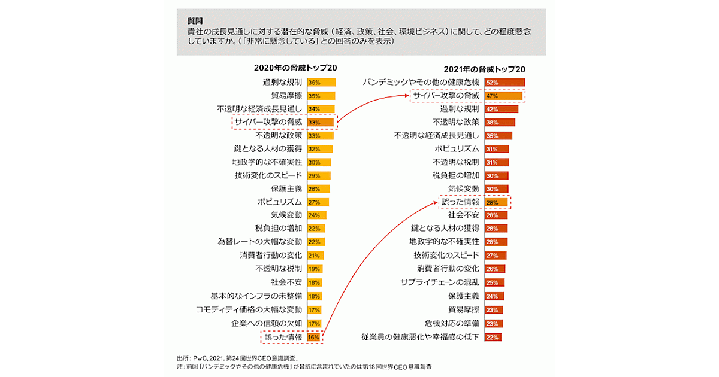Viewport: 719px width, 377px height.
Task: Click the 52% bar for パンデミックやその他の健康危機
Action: point(504,82)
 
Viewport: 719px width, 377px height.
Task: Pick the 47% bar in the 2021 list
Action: point(503,96)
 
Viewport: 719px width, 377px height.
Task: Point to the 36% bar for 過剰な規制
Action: point(321,82)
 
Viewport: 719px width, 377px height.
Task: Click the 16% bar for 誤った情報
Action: point(314,338)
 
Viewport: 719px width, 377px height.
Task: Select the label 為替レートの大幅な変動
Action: point(259,242)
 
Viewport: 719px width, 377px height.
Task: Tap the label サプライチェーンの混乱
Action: point(440,282)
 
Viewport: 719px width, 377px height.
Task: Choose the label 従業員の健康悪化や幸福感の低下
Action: point(419,337)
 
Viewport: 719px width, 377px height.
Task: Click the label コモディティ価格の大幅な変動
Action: point(249,309)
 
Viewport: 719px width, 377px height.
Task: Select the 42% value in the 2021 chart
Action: point(493,110)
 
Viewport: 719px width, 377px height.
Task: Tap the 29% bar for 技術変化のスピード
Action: point(318,176)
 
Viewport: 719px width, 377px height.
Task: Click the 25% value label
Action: point(493,282)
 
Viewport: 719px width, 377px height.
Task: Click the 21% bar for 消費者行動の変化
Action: point(316,256)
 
